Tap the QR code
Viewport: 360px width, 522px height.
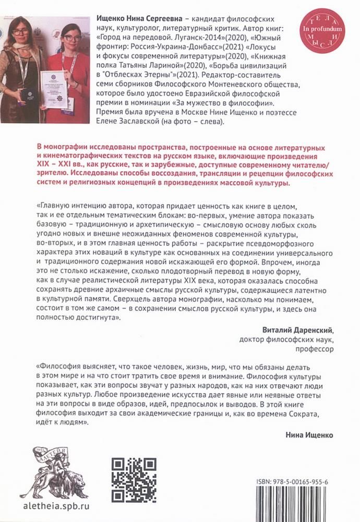tap(135, 478)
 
